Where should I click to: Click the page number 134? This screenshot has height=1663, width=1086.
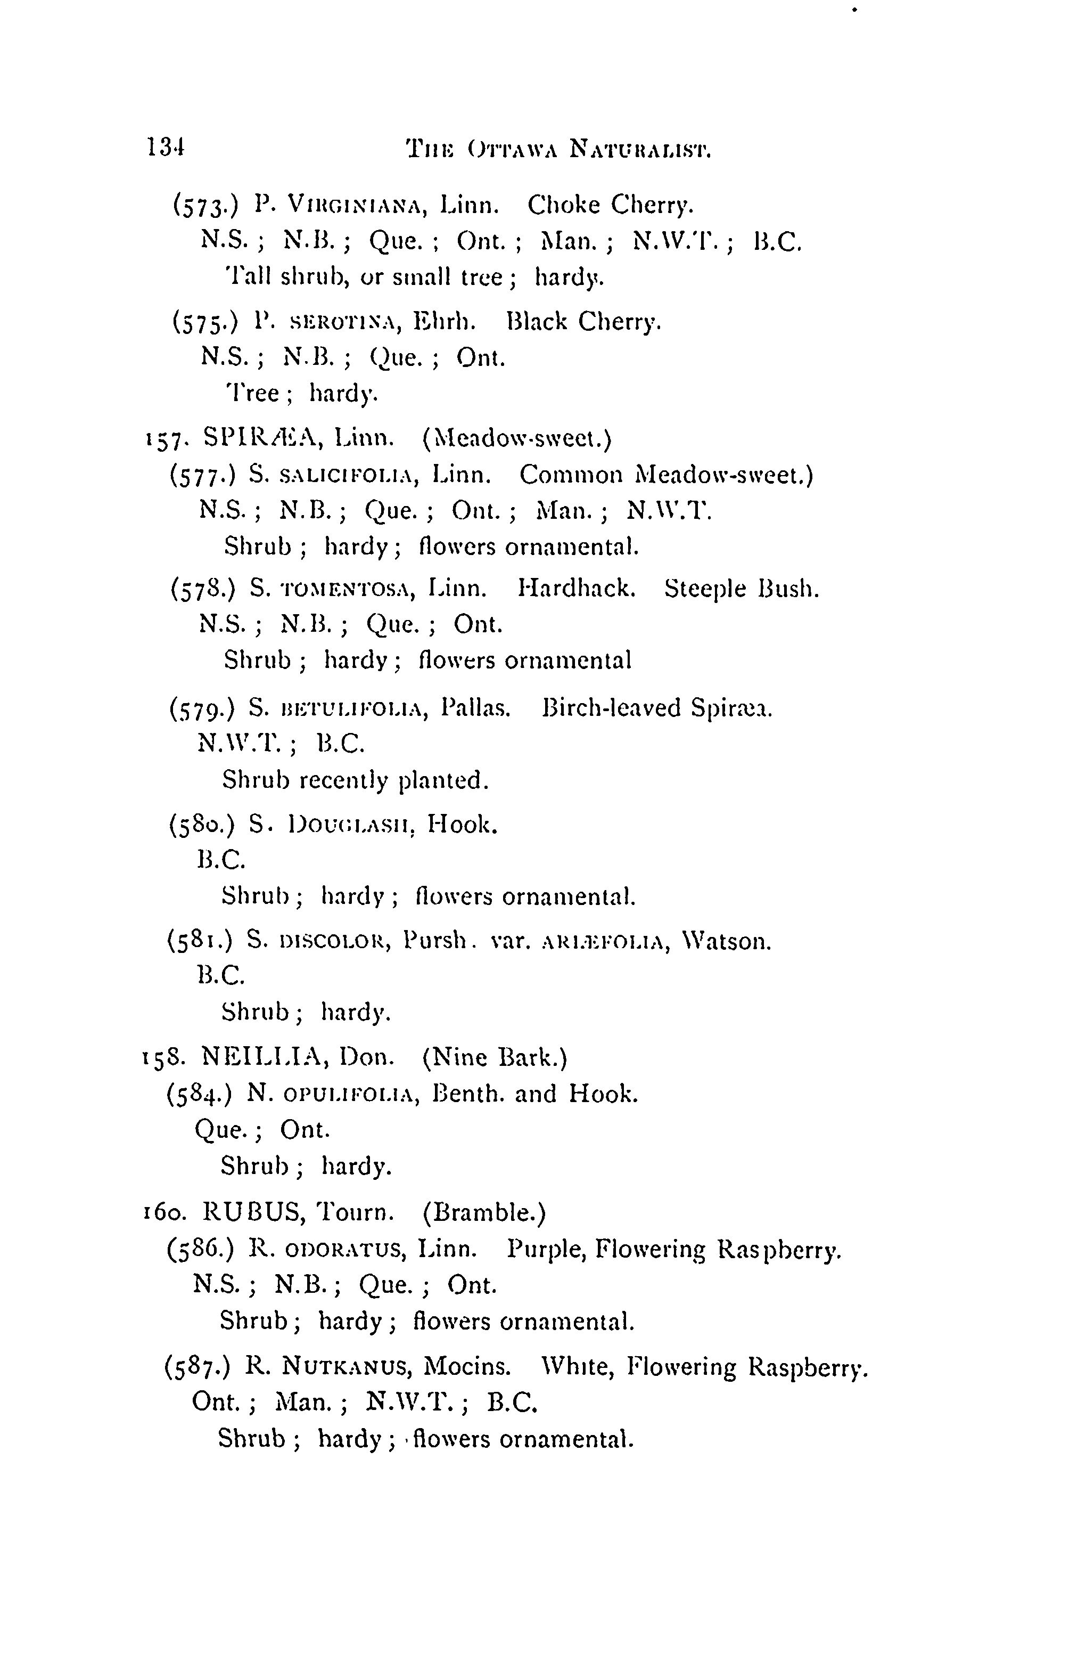click(165, 148)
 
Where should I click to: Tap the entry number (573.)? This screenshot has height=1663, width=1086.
click(206, 206)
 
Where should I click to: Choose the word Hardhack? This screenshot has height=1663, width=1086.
click(577, 589)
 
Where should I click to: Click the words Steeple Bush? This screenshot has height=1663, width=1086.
click(741, 589)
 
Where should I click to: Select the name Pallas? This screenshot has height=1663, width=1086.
click(476, 708)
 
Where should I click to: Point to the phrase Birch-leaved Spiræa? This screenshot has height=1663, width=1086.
click(657, 708)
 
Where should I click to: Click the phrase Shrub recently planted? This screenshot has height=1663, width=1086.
click(355, 780)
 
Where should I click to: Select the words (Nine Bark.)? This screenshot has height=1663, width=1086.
click(495, 1057)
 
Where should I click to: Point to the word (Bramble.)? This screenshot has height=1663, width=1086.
click(484, 1212)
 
